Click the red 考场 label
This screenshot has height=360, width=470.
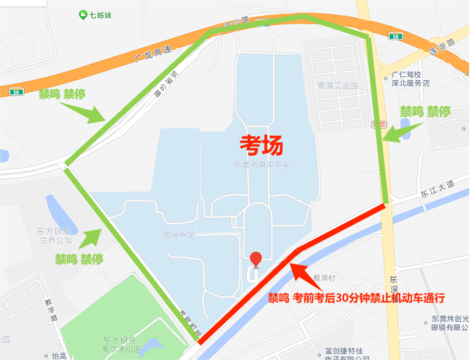coord(264,142)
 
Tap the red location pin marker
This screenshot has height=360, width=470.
coord(256,260)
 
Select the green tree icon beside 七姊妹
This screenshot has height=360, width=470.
coord(82,14)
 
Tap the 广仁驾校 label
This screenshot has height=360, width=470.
coord(406,75)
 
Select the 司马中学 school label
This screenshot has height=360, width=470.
coord(178,235)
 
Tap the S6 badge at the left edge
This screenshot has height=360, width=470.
coord(16,91)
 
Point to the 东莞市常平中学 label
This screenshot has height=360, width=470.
coord(261,164)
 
